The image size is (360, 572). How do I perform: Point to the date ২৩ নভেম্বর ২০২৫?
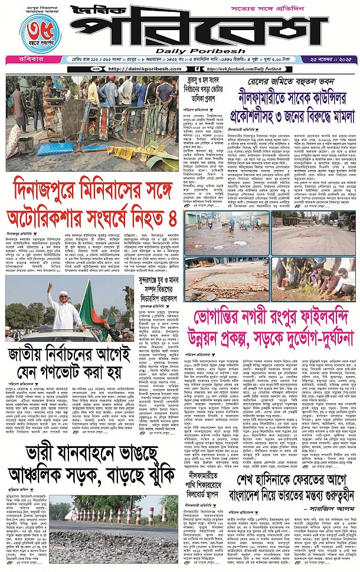[328, 60]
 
